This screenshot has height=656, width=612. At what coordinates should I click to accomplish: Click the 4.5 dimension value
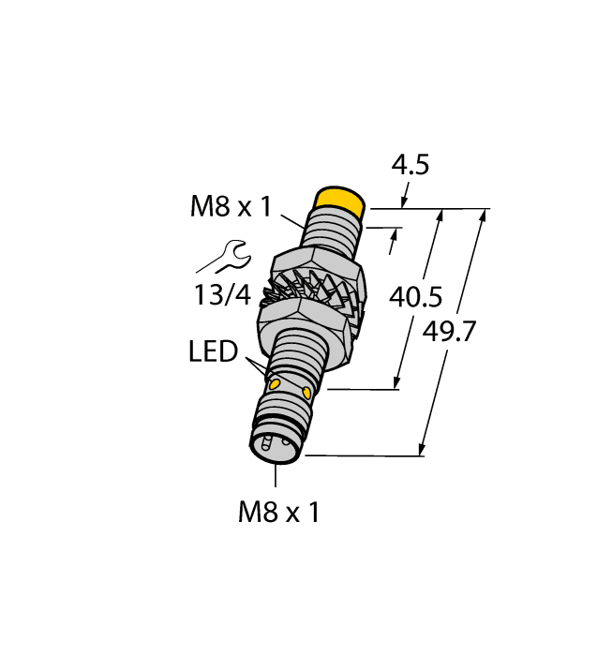[x=410, y=166]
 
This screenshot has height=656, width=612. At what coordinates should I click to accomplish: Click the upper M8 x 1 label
[x=231, y=207]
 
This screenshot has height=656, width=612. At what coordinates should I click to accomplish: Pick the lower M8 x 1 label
[x=278, y=512]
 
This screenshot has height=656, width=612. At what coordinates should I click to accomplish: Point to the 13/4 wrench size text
[x=223, y=295]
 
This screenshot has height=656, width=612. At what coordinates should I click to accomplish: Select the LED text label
[x=213, y=353]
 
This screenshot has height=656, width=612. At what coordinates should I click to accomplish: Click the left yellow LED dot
[x=276, y=384]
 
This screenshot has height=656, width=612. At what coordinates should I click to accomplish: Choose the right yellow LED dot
[x=306, y=389]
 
